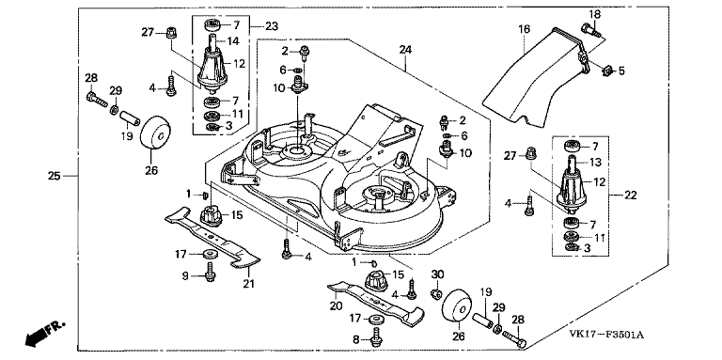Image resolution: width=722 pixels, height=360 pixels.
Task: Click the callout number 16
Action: coord(524,29)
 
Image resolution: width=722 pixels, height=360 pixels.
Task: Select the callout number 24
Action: coord(405,49)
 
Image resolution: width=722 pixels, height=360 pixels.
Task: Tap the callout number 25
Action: coord(55,176)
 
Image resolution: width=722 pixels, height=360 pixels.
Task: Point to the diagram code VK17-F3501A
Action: coord(606,335)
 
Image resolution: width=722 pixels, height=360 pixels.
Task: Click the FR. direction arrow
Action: coord(45,333)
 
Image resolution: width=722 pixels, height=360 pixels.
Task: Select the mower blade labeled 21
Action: coord(212,238)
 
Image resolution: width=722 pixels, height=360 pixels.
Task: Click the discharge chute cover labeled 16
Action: coord(534,76)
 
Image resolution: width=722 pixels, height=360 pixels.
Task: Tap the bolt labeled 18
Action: coord(590,30)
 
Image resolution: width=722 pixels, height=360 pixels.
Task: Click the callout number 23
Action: coord(272,26)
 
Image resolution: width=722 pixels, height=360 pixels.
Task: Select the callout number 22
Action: coord(631,196)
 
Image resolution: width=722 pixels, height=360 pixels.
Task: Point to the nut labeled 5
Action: coord(606,70)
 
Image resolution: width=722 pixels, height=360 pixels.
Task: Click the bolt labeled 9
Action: coord(211,272)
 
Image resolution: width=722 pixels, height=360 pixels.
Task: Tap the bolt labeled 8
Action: coord(377,337)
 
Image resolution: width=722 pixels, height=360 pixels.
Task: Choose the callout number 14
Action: coord(233,41)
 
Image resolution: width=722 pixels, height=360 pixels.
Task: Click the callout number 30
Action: coord(437,274)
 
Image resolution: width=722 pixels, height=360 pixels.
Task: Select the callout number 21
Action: coord(248,284)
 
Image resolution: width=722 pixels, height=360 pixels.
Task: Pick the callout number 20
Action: coord(336,305)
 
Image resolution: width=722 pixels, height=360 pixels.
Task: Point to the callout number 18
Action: coord(595,14)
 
